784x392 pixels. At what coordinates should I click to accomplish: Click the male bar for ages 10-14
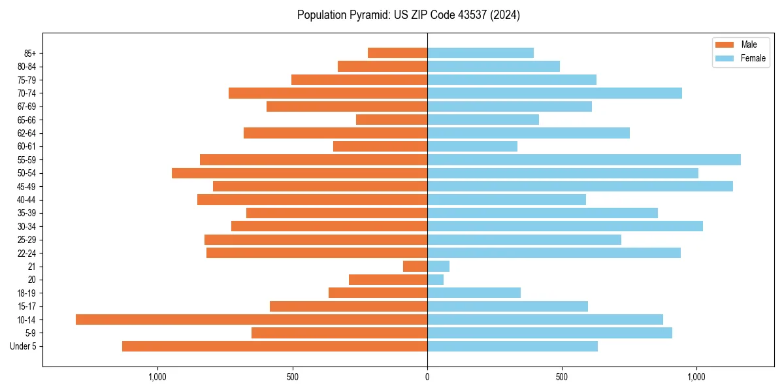tap(252, 319)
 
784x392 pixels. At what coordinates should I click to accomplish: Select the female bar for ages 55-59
tap(584, 160)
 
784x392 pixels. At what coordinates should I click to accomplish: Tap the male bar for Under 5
tap(274, 346)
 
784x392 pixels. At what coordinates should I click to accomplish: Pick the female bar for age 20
tap(436, 280)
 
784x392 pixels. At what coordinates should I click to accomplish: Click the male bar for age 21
tap(416, 267)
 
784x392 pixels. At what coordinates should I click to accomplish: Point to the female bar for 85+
tap(480, 53)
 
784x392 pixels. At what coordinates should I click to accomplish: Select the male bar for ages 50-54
tap(299, 173)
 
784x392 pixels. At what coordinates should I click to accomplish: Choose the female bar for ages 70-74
tap(555, 93)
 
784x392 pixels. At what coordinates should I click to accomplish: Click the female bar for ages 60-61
tap(472, 146)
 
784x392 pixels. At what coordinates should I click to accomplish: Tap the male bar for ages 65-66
tap(391, 120)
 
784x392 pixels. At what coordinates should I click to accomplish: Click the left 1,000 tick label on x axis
tap(157, 377)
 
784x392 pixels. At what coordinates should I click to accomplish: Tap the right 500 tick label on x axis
tap(562, 377)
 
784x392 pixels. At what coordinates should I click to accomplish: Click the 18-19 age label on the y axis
tap(27, 293)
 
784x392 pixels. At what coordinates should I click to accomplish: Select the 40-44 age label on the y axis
tap(27, 200)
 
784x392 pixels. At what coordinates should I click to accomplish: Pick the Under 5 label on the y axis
tap(24, 346)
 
